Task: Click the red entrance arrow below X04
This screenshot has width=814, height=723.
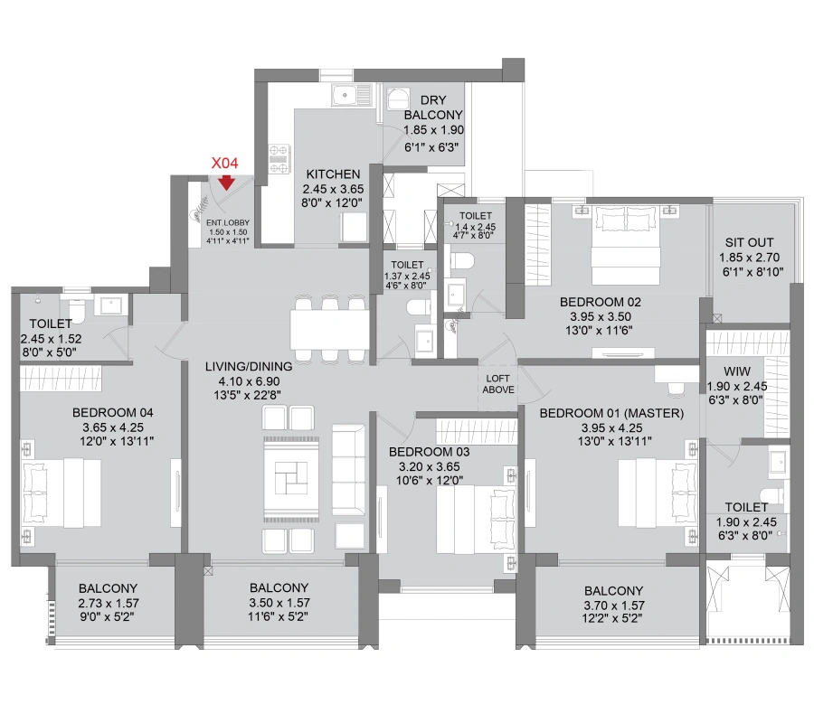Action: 226,183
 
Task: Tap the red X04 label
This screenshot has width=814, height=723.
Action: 225,164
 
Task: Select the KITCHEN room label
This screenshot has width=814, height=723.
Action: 333,174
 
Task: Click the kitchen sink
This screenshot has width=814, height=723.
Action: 352,96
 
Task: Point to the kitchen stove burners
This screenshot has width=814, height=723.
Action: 279,159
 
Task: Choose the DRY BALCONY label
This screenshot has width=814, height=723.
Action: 433,108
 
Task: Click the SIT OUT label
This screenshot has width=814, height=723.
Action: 749,242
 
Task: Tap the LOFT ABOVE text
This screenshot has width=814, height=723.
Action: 498,384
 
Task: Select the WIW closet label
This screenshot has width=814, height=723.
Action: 737,371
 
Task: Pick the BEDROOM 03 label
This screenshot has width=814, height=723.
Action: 429,452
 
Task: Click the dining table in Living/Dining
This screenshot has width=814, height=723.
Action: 329,329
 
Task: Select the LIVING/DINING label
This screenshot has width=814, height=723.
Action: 249,366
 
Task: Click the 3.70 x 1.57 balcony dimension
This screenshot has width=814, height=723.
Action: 613,606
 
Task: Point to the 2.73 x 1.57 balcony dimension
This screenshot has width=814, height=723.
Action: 109,603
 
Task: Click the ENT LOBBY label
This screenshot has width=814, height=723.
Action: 228,222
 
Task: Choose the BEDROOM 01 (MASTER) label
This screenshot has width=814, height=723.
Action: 611,413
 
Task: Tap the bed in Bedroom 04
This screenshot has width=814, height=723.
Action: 62,493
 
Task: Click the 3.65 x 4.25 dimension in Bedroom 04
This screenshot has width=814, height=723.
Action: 113,427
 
